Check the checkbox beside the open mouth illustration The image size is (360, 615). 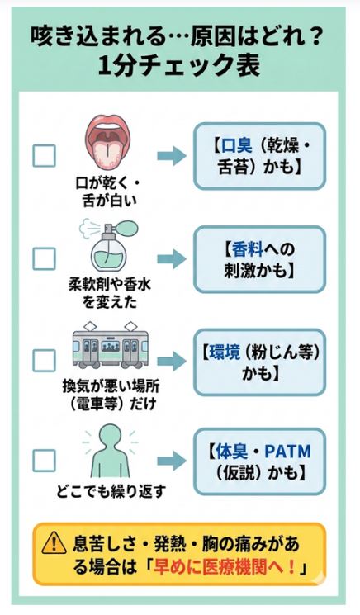click(44, 155)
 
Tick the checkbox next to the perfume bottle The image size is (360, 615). click(44, 258)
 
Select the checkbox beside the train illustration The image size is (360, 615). click(44, 361)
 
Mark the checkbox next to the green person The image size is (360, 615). click(44, 460)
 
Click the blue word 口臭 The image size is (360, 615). click(238, 145)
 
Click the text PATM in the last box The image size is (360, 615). click(290, 452)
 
